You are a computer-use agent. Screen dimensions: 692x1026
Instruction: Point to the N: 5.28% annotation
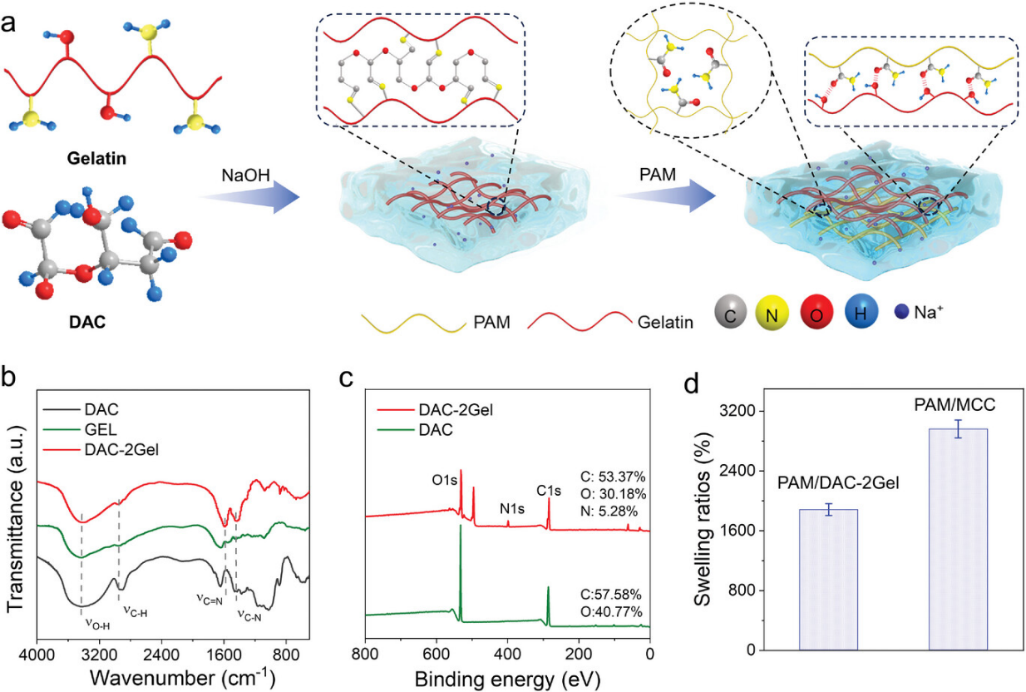pos(613,514)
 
